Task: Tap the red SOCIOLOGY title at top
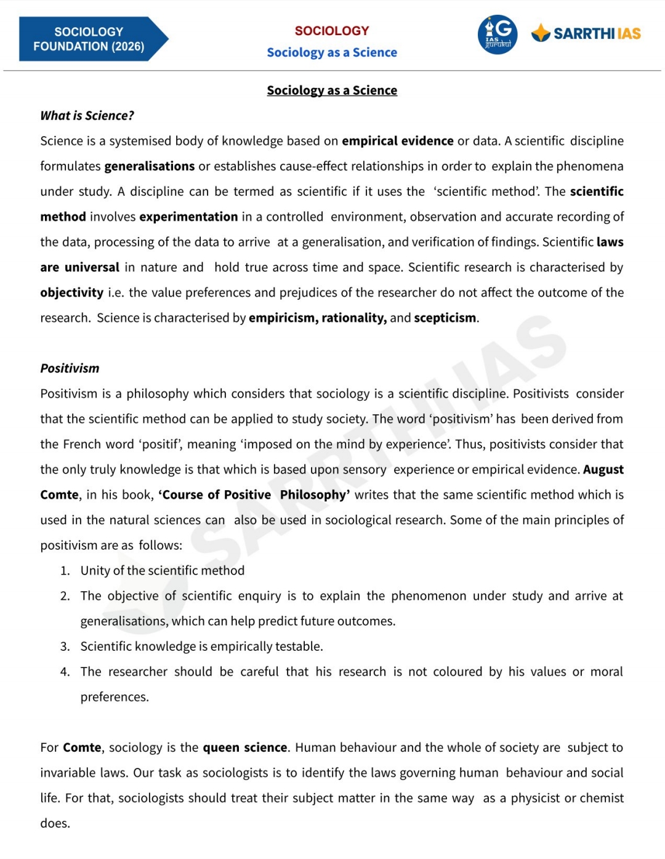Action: pyautogui.click(x=332, y=31)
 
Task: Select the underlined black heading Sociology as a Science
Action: pyautogui.click(x=332, y=91)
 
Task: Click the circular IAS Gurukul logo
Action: pyautogui.click(x=498, y=34)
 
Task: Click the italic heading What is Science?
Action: pyautogui.click(x=87, y=116)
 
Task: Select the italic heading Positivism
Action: pyautogui.click(x=70, y=368)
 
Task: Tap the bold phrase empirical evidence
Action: pyautogui.click(x=398, y=141)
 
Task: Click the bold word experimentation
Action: pyautogui.click(x=188, y=217)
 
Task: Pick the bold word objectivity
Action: pyautogui.click(x=71, y=292)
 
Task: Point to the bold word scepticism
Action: pyautogui.click(x=445, y=318)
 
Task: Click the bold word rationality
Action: pyautogui.click(x=354, y=318)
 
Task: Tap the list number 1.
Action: pyautogui.click(x=65, y=571)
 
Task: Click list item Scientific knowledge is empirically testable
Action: pyautogui.click(x=201, y=647)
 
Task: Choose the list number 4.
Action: pyautogui.click(x=65, y=672)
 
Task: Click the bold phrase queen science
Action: pyautogui.click(x=245, y=748)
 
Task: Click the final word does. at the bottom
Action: pyautogui.click(x=55, y=823)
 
